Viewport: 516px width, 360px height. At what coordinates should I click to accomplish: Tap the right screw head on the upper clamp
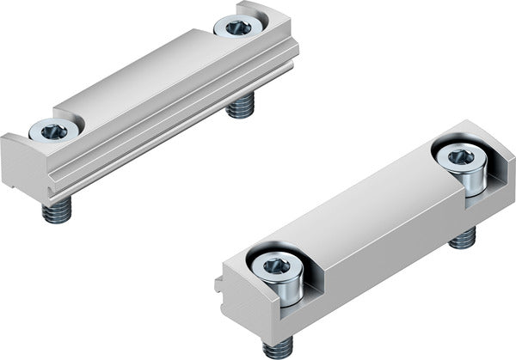click(x=238, y=27)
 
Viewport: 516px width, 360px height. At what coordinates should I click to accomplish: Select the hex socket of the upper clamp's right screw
click(x=238, y=27)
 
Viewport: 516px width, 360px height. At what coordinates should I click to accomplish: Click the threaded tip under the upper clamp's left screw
click(x=57, y=211)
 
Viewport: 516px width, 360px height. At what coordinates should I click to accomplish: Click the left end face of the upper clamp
click(x=17, y=168)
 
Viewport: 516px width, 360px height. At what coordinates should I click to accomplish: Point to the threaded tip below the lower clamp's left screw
click(x=278, y=348)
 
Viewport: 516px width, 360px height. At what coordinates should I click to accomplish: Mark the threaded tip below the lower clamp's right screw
click(x=464, y=237)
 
